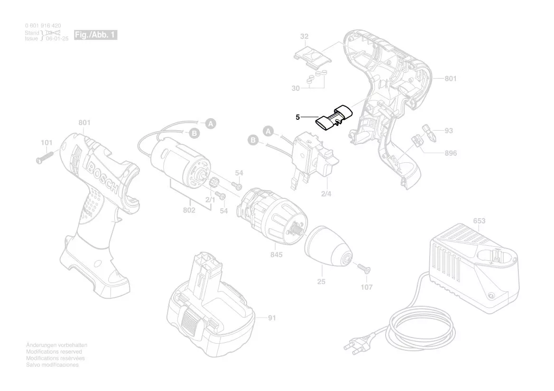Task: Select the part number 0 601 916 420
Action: click(43, 25)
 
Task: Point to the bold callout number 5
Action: click(297, 117)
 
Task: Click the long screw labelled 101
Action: click(48, 155)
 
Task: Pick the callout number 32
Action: click(304, 36)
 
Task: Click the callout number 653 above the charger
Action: click(479, 221)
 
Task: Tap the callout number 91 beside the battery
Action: click(271, 318)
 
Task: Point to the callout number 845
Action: click(277, 255)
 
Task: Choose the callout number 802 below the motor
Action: click(189, 210)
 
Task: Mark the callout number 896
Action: click(451, 153)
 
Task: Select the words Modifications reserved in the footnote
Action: click(54, 352)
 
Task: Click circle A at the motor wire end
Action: click(211, 124)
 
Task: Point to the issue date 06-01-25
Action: click(57, 38)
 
